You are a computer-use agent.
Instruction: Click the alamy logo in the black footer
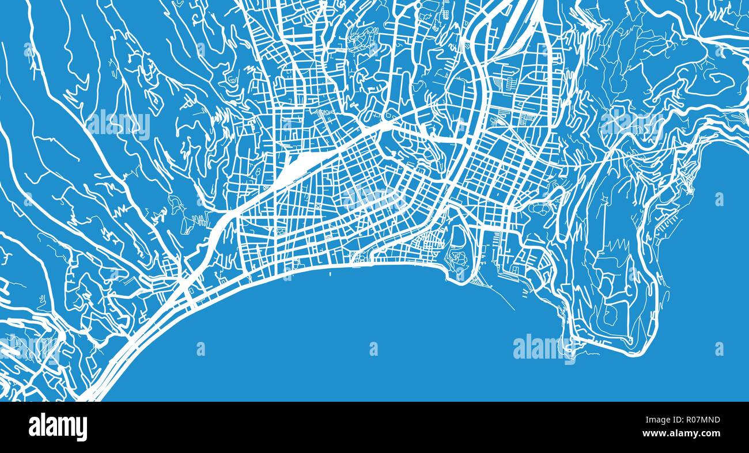(x=58, y=427)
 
